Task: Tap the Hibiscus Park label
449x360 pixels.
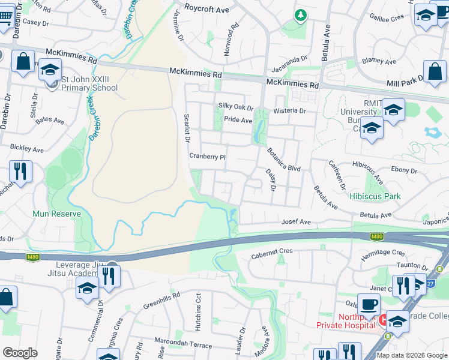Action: click(375, 196)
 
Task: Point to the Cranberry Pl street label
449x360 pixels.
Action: click(207, 156)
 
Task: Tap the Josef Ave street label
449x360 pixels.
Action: click(297, 222)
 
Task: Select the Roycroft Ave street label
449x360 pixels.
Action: click(191, 9)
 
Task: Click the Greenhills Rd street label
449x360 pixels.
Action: click(161, 301)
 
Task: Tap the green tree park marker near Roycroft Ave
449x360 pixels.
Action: click(300, 14)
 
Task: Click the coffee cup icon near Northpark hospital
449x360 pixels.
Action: click(369, 304)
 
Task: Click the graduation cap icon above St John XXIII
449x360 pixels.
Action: click(50, 70)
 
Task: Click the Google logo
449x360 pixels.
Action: click(20, 353)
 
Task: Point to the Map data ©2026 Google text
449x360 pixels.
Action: click(412, 355)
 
